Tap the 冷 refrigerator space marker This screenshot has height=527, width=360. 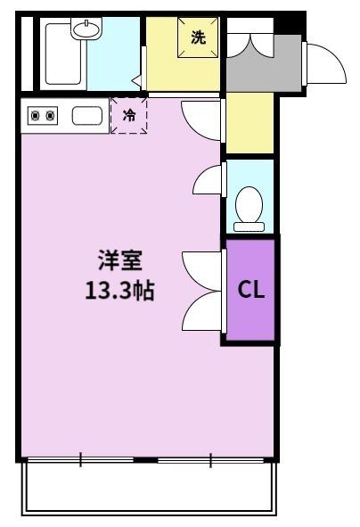(128, 115)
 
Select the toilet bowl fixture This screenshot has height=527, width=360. (249, 208)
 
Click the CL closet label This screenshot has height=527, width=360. (250, 290)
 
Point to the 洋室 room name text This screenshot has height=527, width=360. (119, 262)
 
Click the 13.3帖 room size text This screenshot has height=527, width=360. (119, 291)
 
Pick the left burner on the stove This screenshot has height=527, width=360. (36, 115)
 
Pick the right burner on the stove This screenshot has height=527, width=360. (52, 115)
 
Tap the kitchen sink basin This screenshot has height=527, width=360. (86, 115)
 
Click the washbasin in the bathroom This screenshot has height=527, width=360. (86, 29)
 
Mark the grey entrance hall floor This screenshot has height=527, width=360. (263, 67)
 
